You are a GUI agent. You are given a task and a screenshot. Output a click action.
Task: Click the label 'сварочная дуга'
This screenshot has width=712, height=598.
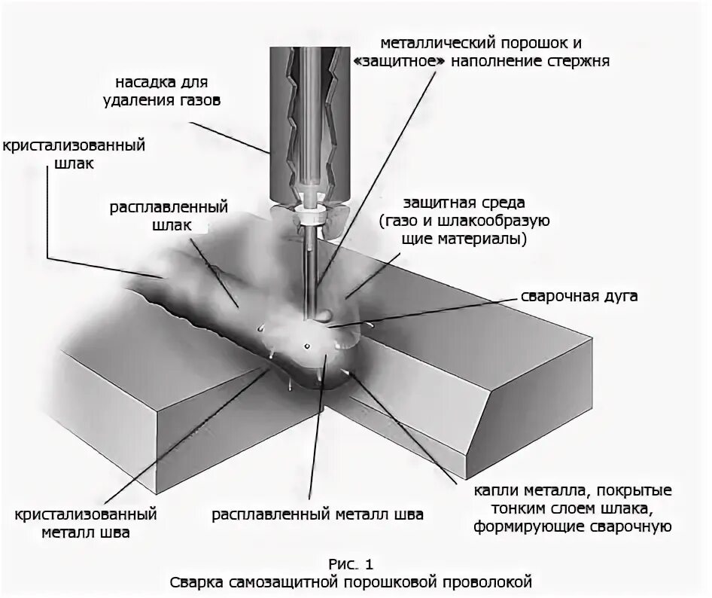[580, 296]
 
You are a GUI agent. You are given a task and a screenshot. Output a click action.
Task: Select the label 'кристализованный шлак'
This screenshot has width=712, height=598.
[73, 154]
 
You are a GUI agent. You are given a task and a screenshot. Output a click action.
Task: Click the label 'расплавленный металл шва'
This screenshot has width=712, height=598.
[317, 515]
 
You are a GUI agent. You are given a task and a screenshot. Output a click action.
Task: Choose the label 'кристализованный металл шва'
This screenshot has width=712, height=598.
[85, 524]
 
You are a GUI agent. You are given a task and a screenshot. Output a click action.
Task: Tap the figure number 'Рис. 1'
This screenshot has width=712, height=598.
[351, 563]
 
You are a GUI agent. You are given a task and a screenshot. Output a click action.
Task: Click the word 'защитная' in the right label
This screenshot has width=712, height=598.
[435, 204]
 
